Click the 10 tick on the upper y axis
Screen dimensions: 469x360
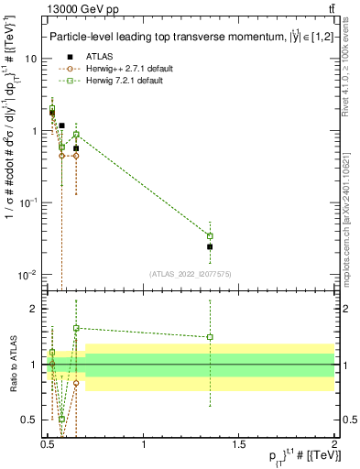click(31, 59)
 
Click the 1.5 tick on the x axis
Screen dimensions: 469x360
click(239, 444)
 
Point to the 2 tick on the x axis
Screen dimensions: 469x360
click(334, 444)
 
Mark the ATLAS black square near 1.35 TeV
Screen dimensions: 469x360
click(210, 246)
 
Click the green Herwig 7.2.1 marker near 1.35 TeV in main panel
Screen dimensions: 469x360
click(210, 236)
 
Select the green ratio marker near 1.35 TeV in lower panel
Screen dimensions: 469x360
click(210, 337)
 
